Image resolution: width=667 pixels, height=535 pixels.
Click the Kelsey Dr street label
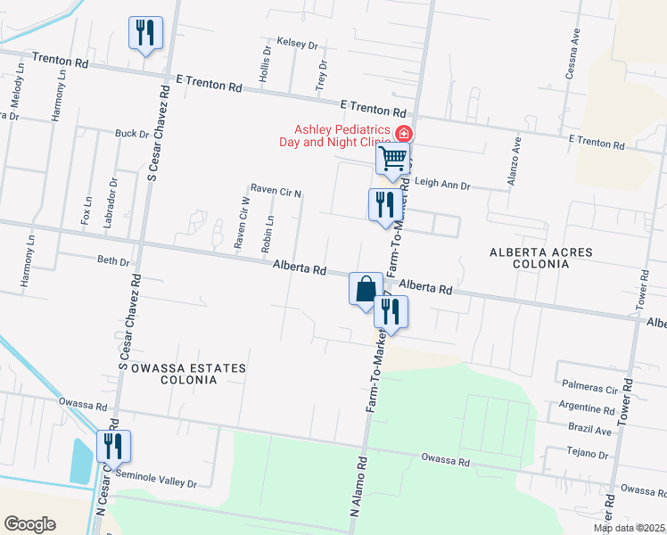coord(297,43)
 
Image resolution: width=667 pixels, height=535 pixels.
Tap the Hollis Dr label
coord(264,69)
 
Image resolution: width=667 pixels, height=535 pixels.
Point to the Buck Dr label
coord(131,134)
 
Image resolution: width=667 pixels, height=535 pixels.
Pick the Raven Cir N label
coord(276,189)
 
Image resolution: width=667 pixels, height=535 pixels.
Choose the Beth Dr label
coord(113,261)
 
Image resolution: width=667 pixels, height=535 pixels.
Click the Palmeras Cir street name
coord(589,391)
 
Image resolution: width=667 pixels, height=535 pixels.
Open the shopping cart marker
coord(392,160)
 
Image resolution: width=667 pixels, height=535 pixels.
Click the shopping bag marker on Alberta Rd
coord(365,289)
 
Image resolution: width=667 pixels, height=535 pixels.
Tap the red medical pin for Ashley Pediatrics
coord(403,135)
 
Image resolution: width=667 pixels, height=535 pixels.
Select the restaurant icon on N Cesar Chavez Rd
coord(113,446)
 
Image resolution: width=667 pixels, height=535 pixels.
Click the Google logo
coord(29,524)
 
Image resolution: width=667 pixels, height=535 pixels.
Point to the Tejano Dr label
coord(589,455)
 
